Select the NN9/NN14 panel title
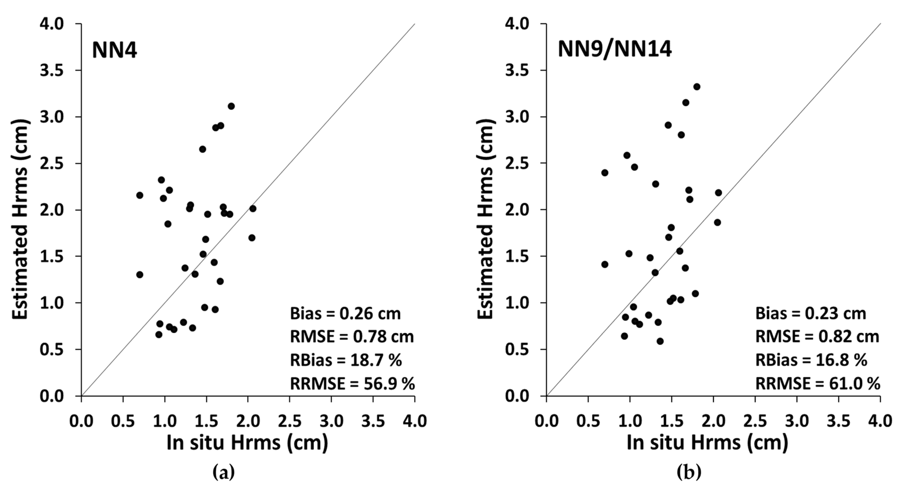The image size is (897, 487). click(615, 49)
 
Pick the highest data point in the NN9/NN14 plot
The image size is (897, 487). click(697, 87)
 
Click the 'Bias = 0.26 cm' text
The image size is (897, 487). click(345, 314)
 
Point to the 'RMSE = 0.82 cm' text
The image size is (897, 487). click(817, 337)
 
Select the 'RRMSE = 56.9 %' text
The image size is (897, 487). click(352, 383)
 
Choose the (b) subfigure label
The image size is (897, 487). click(689, 473)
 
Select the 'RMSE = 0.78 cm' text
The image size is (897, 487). click(352, 337)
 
